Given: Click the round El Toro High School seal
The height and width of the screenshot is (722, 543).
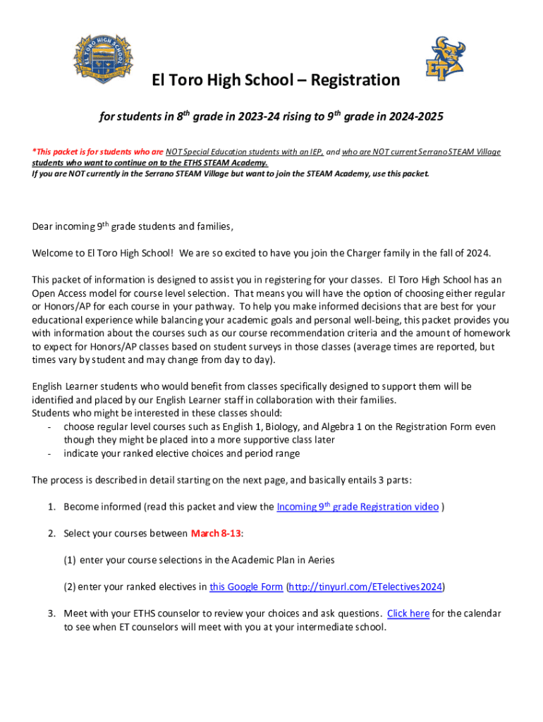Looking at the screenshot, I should pos(102,58).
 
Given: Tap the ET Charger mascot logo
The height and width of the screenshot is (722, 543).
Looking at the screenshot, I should pos(449,59).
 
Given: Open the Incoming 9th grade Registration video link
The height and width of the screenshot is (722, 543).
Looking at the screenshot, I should pos(358,507).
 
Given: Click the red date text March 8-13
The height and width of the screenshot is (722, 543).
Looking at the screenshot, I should pos(216,533).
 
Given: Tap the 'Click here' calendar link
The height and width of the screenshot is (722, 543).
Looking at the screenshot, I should pos(408,613).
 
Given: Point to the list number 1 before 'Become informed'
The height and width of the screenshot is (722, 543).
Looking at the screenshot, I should pos(51,507).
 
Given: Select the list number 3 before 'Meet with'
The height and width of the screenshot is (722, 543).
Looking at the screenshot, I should pos(51,613).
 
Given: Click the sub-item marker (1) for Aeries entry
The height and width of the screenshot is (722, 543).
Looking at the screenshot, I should pos(70,560).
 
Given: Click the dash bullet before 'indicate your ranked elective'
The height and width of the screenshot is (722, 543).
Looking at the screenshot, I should pos(48,453).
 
